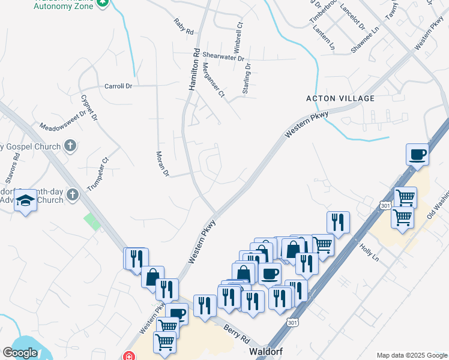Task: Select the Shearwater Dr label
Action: (x=223, y=57)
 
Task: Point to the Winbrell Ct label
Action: (x=238, y=37)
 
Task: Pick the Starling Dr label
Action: (x=246, y=79)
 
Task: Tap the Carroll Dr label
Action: (x=118, y=86)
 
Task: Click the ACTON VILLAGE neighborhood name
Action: (x=340, y=98)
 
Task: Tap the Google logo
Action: (x=20, y=353)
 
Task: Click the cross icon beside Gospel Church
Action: (x=70, y=146)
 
